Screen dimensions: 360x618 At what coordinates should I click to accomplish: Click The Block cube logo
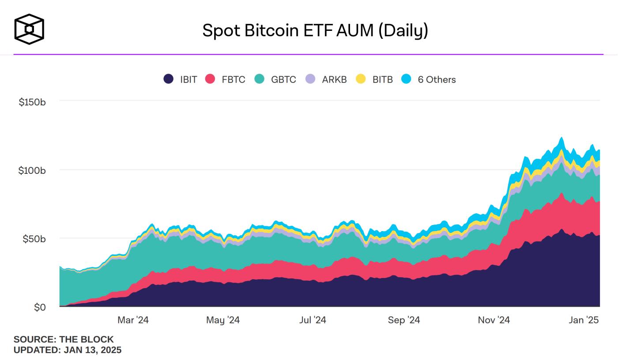[29, 29]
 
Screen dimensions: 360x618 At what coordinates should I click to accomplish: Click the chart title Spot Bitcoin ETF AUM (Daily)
[315, 30]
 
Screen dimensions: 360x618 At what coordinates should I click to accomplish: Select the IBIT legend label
[188, 79]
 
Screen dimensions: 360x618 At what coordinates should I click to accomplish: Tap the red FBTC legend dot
[210, 79]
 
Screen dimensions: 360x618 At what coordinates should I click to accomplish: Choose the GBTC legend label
[283, 79]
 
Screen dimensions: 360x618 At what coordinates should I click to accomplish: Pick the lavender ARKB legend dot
[311, 79]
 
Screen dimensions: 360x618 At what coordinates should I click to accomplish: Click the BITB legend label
[382, 79]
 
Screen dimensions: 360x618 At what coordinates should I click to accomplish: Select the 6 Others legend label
[437, 79]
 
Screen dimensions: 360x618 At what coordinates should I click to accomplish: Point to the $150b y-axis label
[32, 102]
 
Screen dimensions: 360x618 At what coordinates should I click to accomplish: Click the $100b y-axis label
[32, 170]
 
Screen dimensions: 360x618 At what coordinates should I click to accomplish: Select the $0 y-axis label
[40, 307]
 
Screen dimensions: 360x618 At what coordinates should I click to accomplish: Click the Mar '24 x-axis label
[133, 320]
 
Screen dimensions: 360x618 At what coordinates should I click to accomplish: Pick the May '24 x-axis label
[223, 320]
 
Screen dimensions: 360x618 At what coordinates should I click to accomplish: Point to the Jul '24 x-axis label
[313, 320]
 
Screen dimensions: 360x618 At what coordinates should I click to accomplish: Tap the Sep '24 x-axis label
[404, 320]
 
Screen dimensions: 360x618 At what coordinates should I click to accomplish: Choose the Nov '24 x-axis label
[494, 320]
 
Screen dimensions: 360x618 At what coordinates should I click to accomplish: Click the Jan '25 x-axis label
[584, 320]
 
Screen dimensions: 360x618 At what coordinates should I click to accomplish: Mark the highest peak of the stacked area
[561, 137]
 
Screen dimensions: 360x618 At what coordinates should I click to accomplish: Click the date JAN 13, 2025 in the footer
[92, 350]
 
